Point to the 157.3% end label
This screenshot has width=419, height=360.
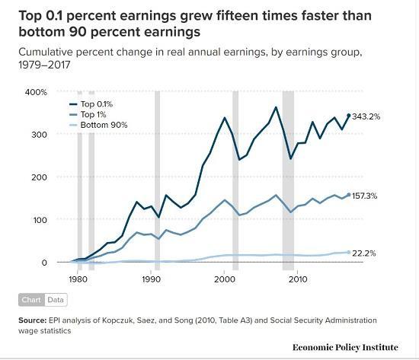(x=365, y=196)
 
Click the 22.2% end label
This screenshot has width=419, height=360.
(x=363, y=253)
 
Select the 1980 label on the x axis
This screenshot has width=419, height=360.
(x=75, y=279)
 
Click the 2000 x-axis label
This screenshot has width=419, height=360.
(x=223, y=279)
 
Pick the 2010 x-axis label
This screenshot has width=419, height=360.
(x=297, y=279)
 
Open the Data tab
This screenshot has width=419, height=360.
(x=56, y=300)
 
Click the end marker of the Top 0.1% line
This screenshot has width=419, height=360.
(x=349, y=116)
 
